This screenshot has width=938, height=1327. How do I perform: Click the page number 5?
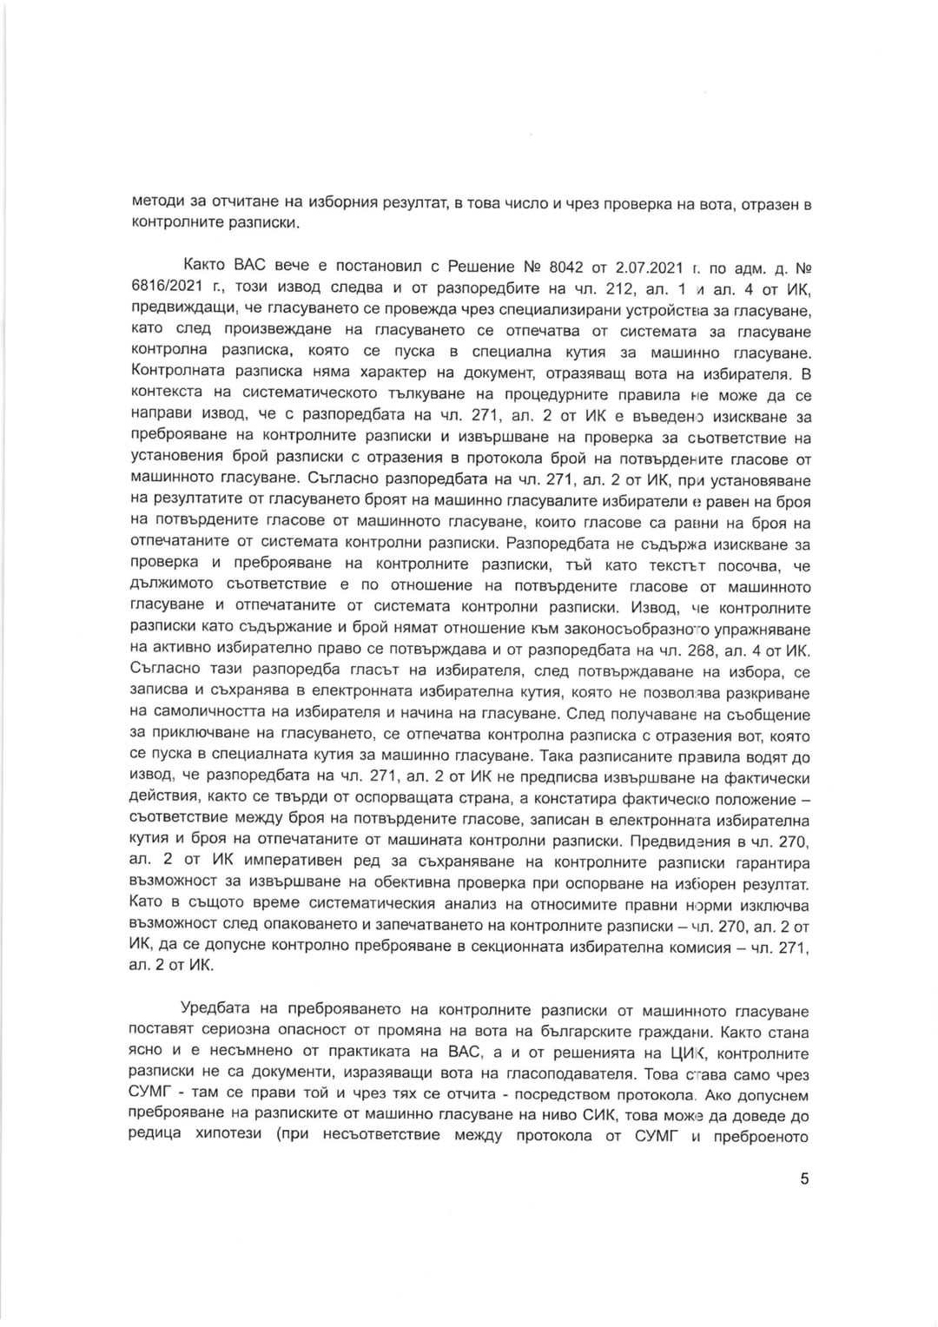[x=804, y=1178]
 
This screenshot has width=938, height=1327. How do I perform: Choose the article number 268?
[x=704, y=651]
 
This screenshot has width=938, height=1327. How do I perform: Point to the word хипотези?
[x=222, y=1138]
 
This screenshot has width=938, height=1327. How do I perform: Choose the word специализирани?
[x=502, y=309]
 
